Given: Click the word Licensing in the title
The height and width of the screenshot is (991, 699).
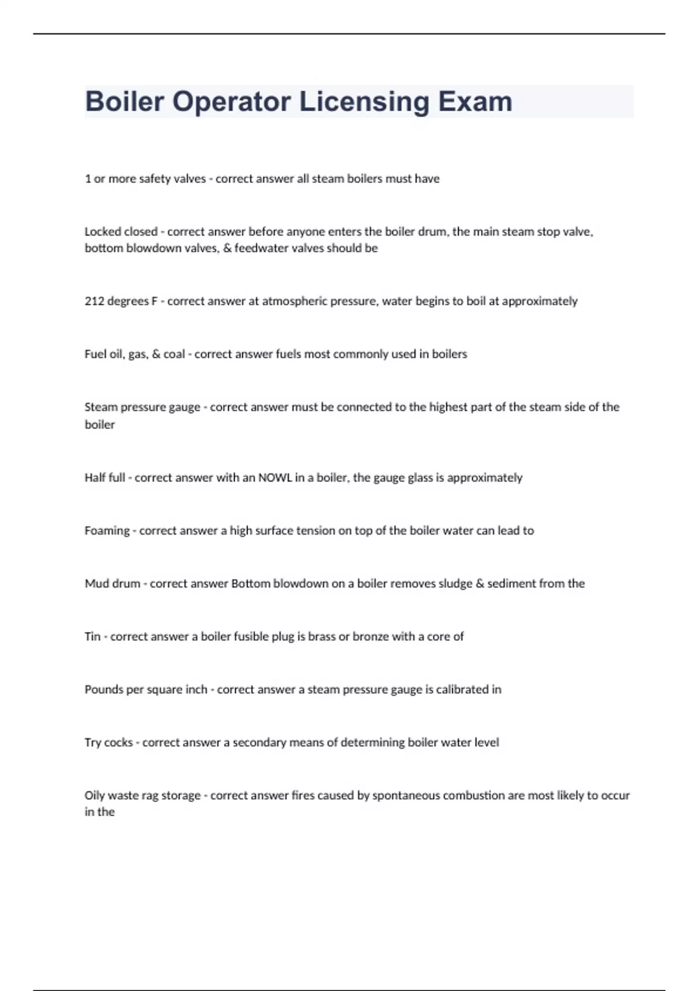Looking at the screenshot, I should point(363,102).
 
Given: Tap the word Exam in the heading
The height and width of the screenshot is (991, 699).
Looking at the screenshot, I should point(475,102).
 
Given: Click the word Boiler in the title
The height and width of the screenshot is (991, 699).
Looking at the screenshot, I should point(124,102).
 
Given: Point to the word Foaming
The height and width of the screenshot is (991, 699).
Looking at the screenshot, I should point(107,530).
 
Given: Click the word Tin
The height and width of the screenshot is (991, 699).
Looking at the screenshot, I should point(93,637).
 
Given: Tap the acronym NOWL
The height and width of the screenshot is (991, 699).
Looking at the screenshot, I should point(276,477).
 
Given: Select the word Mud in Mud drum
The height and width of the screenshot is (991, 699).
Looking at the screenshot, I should point(96,584).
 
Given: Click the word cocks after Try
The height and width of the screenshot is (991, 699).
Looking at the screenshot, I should point(118,742).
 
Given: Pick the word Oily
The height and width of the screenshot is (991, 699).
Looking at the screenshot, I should point(95,795).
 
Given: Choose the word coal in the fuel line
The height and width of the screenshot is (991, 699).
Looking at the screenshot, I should point(174,354).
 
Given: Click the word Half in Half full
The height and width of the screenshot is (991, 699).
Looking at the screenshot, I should point(95,477).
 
